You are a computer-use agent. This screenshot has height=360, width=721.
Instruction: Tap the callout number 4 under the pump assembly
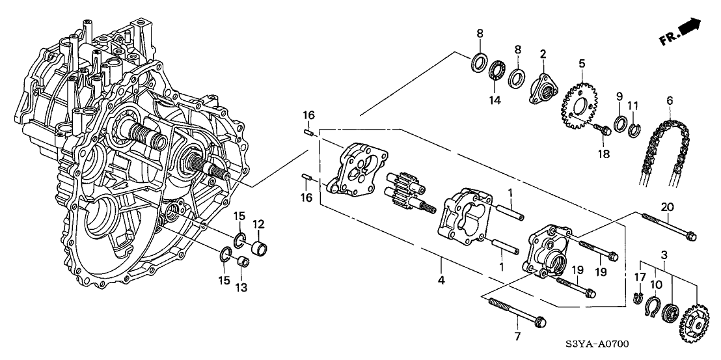click(x=441, y=281)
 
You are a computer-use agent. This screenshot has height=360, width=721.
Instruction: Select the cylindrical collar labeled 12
click(x=260, y=248)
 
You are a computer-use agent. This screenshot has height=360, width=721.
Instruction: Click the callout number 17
click(x=640, y=276)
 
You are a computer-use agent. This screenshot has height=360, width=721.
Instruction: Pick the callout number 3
click(x=664, y=254)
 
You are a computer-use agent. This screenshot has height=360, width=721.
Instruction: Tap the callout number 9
click(x=619, y=96)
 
